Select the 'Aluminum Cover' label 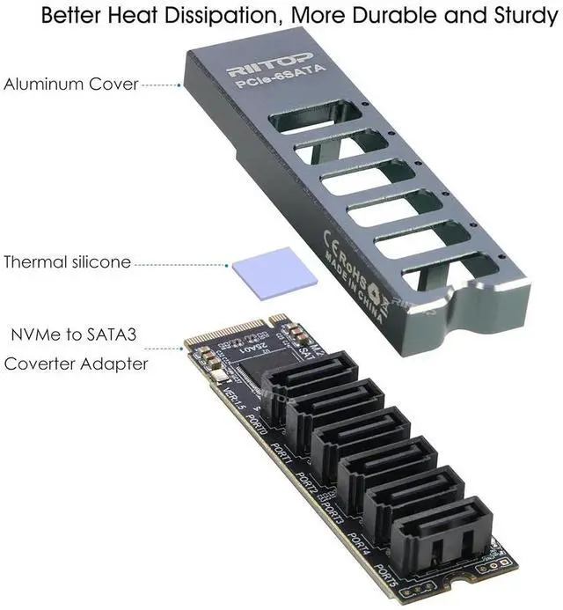[x=70, y=85]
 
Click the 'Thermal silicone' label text [x=68, y=261]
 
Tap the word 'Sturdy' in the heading [x=515, y=16]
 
